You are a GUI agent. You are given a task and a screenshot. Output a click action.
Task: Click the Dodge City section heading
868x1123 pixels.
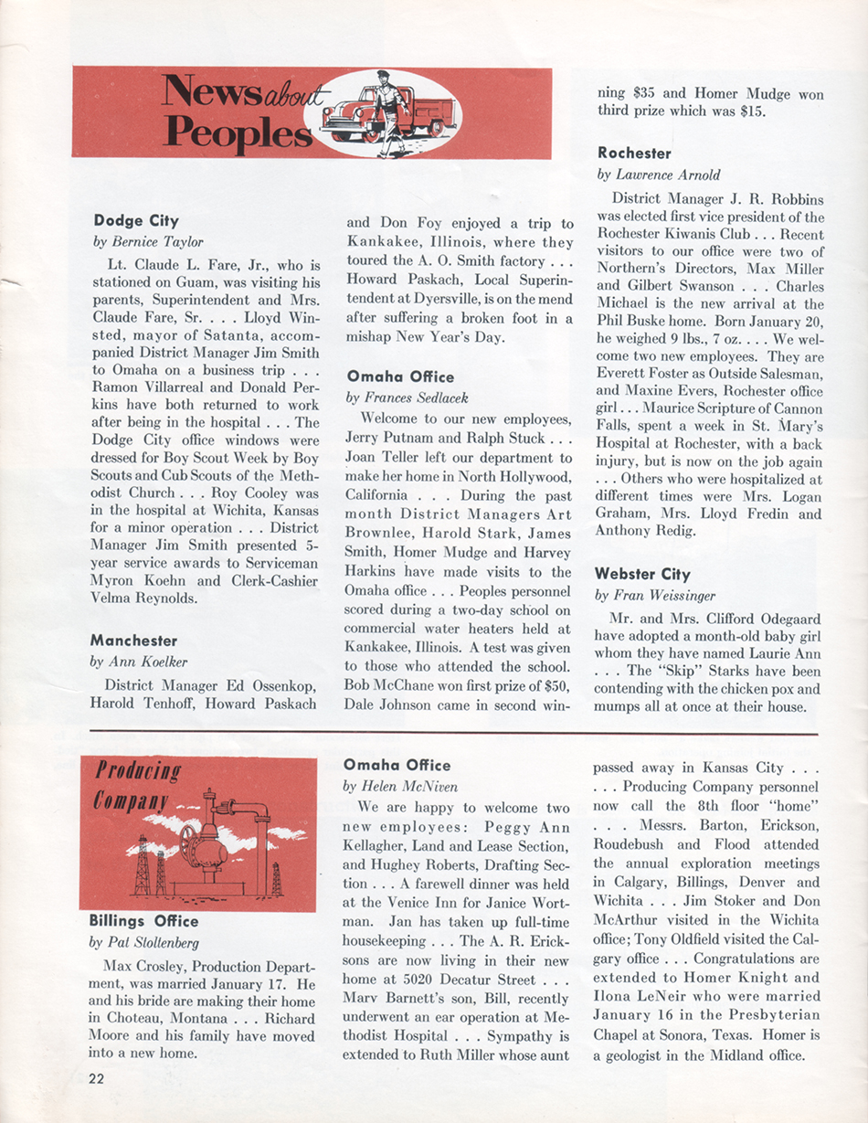[136, 220]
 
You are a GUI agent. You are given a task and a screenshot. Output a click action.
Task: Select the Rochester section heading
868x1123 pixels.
[634, 153]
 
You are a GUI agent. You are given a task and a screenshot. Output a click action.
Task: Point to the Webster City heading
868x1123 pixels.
[642, 574]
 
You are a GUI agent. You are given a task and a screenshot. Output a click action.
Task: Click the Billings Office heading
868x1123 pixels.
[143, 920]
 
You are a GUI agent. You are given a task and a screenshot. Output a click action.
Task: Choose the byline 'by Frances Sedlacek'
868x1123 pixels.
[408, 397]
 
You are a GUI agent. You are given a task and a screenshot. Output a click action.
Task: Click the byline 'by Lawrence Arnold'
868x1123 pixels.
[659, 175]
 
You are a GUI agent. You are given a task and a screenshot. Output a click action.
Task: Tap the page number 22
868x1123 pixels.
[97, 1079]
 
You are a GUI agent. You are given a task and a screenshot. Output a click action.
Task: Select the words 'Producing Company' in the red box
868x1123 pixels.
[137, 786]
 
